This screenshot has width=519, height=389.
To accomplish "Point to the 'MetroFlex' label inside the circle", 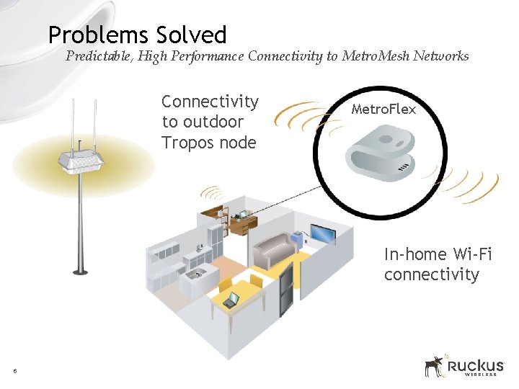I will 383,109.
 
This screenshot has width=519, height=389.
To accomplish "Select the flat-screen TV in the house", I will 321,233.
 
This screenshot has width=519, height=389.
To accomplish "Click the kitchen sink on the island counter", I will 195,274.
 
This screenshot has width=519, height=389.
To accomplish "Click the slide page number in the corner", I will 14,371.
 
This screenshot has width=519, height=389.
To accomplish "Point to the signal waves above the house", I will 213,193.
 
